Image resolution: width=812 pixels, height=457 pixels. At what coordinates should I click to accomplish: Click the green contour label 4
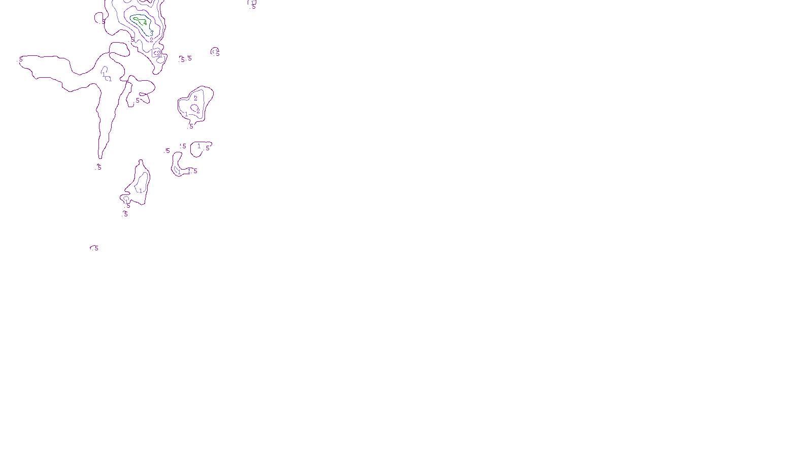click(x=145, y=23)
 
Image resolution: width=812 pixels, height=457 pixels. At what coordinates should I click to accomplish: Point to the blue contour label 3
click(x=151, y=32)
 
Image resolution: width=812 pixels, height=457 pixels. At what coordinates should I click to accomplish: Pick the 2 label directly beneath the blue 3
click(x=151, y=40)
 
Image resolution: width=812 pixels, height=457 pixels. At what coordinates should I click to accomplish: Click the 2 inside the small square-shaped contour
click(x=158, y=53)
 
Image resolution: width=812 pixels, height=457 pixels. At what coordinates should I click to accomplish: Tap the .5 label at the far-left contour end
click(x=21, y=60)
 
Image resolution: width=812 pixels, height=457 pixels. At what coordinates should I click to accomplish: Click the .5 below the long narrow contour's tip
click(x=99, y=167)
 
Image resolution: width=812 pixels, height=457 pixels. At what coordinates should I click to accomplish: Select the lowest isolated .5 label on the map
click(x=95, y=248)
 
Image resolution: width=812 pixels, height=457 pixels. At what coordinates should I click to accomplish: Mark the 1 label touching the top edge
click(x=252, y=3)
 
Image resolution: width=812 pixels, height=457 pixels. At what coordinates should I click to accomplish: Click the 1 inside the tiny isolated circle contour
click(x=216, y=51)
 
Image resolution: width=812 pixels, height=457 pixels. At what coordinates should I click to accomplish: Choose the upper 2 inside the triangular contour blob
click(x=195, y=98)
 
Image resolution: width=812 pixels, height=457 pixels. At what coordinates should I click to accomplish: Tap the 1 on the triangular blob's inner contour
click(x=186, y=114)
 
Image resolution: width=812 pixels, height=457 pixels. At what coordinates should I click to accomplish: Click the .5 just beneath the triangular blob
click(x=191, y=126)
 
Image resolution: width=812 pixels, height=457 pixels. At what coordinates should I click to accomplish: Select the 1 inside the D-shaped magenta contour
click(x=199, y=146)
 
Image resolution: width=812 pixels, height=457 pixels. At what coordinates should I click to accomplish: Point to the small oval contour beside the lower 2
click(x=194, y=107)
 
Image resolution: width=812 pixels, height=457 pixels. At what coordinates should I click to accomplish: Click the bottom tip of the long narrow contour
click(x=100, y=157)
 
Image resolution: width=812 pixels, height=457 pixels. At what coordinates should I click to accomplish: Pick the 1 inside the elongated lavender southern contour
click(x=141, y=190)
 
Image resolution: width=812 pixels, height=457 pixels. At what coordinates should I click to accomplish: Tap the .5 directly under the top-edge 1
click(x=253, y=7)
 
